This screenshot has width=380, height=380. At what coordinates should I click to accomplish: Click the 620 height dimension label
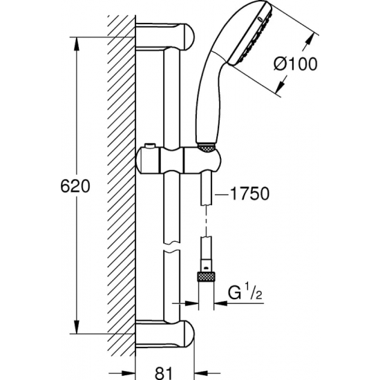(x=77, y=187)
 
